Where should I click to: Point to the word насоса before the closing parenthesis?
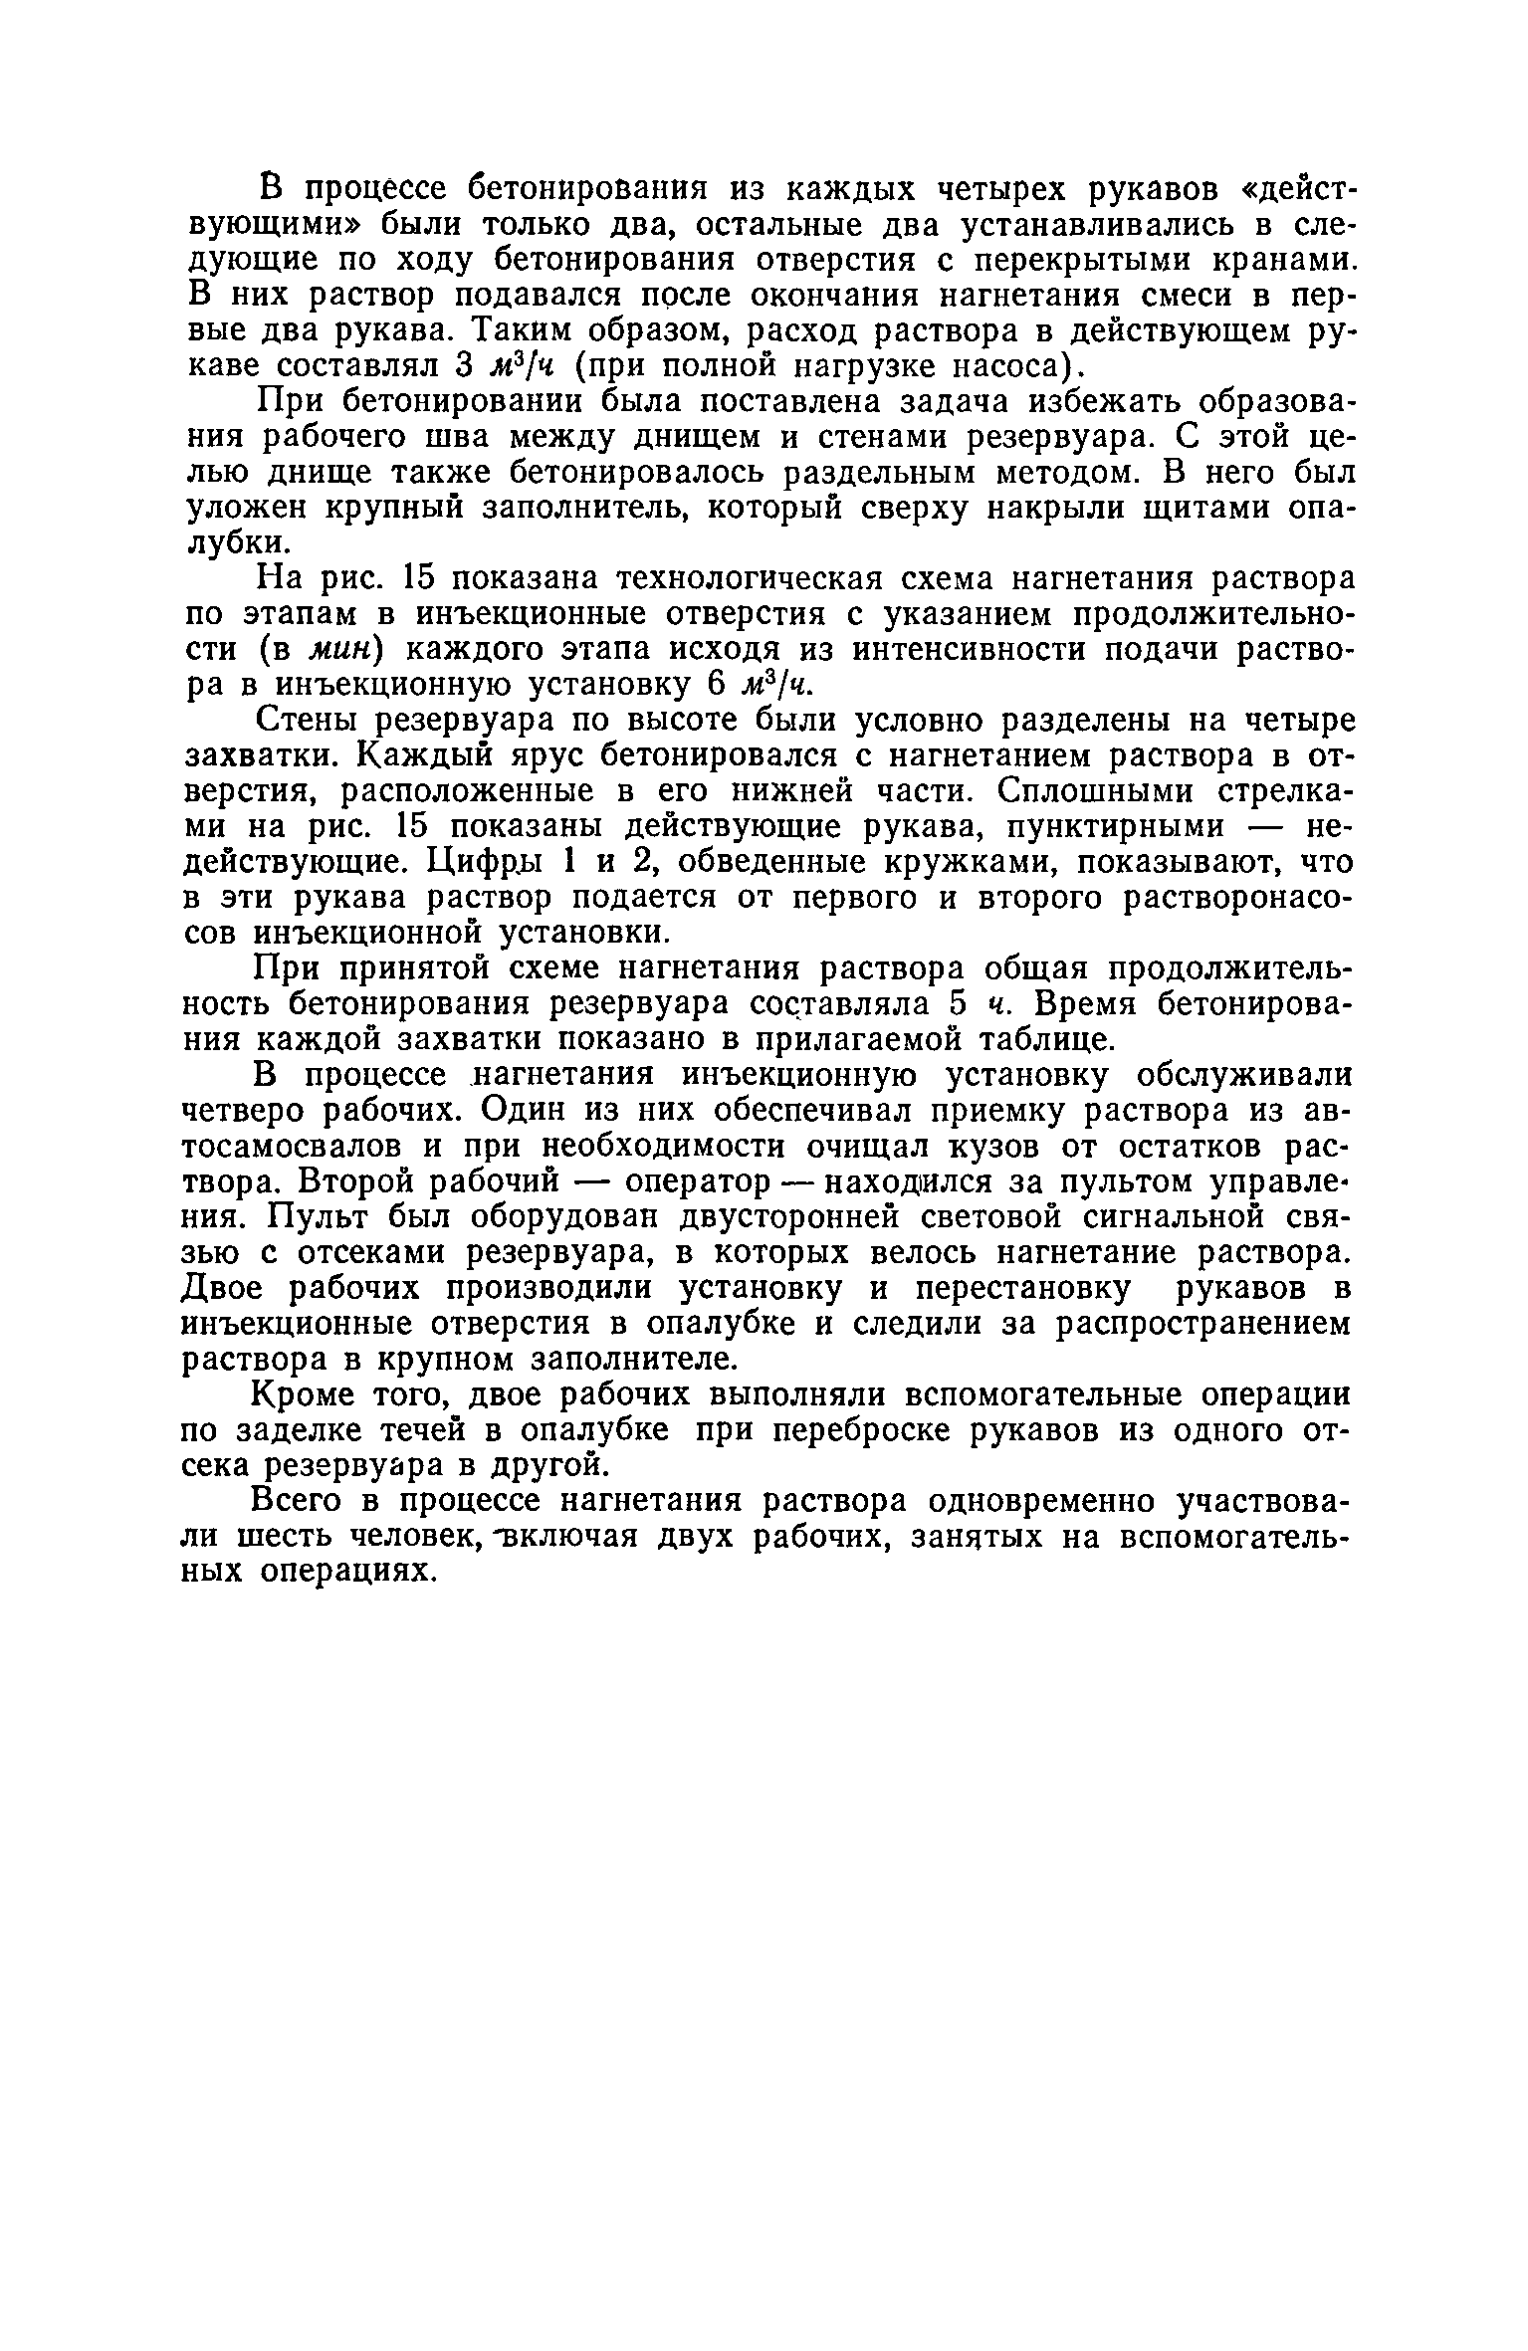pyautogui.click(x=1015, y=366)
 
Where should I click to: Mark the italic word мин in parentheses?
pyautogui.click(x=338, y=650)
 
